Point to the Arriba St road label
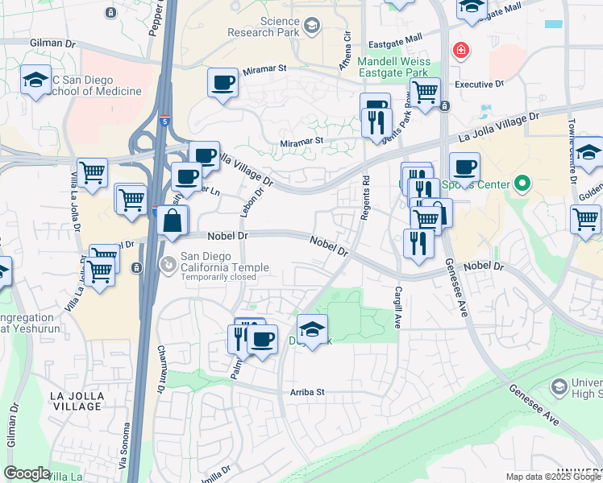click(306, 392)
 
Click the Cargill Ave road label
click(397, 307)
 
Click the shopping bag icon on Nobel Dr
click(173, 220)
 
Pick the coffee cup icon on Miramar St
click(222, 81)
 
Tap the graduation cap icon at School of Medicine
click(35, 80)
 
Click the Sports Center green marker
click(522, 185)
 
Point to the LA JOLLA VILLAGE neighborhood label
click(77, 401)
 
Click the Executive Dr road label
click(479, 83)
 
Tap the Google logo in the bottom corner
click(27, 473)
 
